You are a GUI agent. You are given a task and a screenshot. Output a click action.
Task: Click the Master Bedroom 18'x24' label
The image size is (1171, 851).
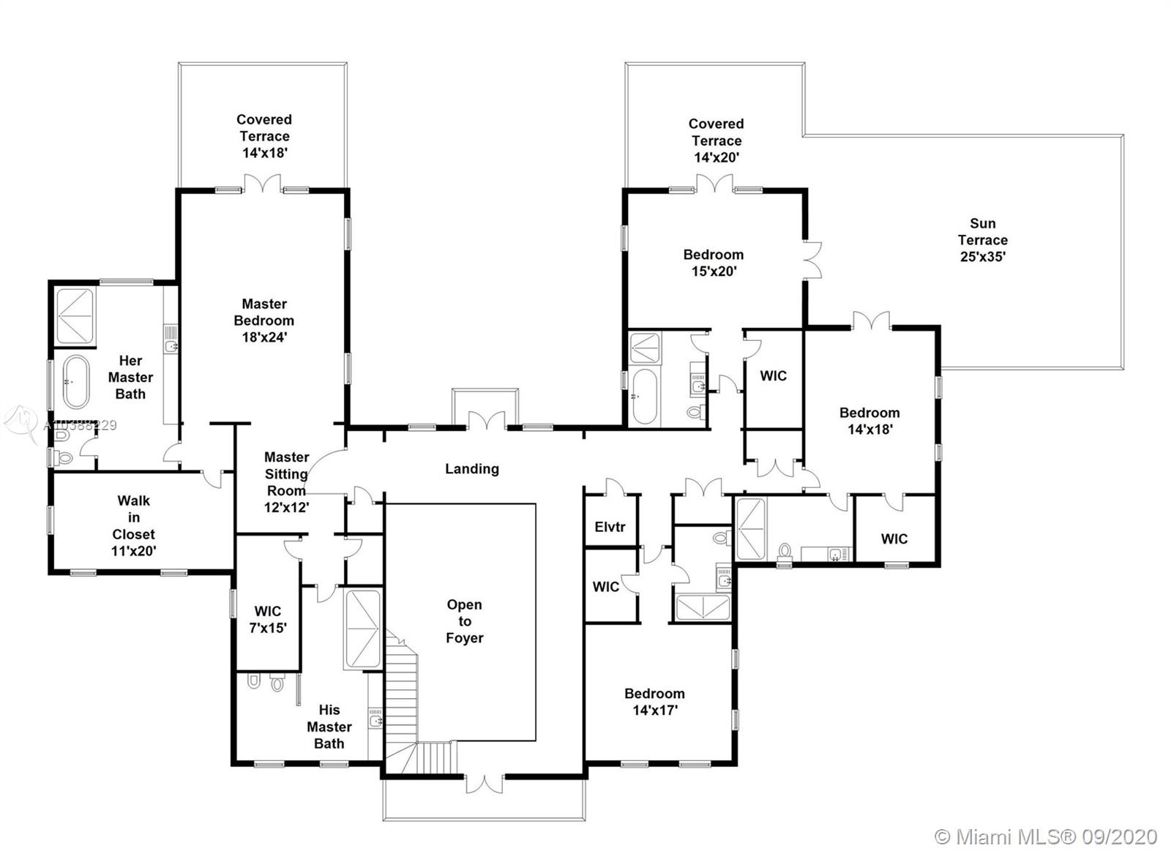(x=264, y=320)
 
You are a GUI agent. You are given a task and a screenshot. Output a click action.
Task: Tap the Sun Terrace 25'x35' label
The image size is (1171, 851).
(x=983, y=240)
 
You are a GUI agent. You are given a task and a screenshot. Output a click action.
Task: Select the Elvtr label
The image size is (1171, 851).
(x=610, y=527)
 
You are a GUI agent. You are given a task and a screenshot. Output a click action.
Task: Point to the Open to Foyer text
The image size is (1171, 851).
(x=465, y=621)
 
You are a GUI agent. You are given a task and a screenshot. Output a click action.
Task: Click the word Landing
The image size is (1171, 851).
(x=472, y=468)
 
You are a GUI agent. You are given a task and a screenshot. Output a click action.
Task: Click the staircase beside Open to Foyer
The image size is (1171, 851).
(x=401, y=702)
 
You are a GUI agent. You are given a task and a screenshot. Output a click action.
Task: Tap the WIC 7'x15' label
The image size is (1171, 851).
(x=268, y=619)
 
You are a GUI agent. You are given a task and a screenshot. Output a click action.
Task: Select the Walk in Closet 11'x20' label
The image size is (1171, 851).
(x=133, y=526)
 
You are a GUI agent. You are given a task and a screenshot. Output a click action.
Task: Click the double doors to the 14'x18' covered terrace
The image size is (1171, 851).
(x=263, y=184)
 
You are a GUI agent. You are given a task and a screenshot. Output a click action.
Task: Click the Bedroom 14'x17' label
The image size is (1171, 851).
(x=654, y=701)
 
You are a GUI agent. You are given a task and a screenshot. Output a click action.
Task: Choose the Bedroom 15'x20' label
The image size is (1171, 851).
(x=714, y=263)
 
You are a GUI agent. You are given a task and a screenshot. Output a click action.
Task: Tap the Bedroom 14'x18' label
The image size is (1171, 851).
(x=869, y=421)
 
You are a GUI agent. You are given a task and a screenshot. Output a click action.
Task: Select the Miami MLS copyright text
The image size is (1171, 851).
(x=1046, y=836)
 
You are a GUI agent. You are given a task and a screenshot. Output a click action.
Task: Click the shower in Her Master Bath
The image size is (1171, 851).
(x=75, y=316)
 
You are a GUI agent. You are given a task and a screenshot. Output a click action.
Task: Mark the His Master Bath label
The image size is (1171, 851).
(x=329, y=727)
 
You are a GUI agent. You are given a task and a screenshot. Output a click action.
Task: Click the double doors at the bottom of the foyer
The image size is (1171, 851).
(x=485, y=783)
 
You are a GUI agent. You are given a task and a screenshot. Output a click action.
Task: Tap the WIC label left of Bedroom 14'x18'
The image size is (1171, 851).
(x=774, y=376)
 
